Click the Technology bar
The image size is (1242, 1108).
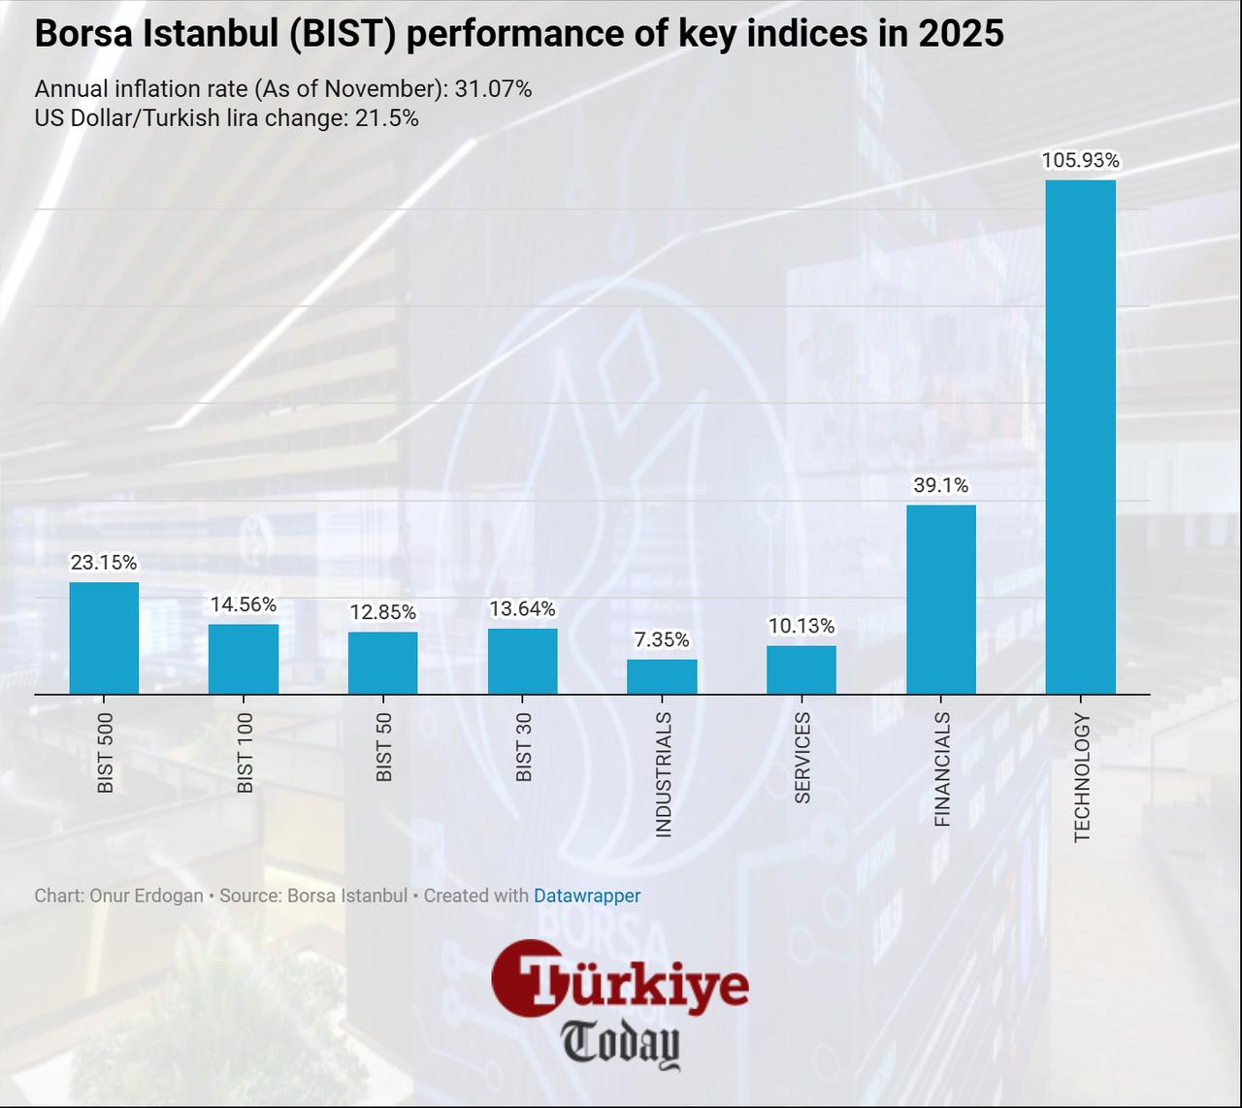coord(1080,437)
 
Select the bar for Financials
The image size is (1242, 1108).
coord(940,599)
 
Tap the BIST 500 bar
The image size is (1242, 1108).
coord(104,637)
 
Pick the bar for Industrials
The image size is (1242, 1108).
coord(662,676)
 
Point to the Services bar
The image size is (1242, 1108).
coord(801,669)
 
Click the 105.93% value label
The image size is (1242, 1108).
coord(1080,160)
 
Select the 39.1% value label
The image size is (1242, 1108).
coord(940,485)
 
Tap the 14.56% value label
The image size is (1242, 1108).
coord(244,604)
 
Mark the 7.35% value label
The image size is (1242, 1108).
coord(662,639)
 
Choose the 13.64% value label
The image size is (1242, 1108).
coord(522,608)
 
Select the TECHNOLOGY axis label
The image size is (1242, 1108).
coord(1081,777)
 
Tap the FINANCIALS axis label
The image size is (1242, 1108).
coord(941,769)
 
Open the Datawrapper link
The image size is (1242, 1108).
coord(587,896)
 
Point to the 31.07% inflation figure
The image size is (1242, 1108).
coord(493,89)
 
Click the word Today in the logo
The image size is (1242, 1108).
coord(621,1044)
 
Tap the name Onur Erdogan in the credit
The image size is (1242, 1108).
coord(146,896)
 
